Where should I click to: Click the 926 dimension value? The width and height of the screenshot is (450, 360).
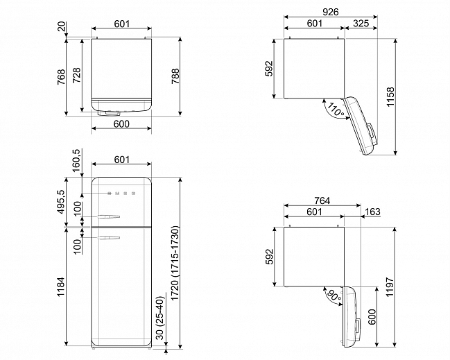click(x=330, y=12)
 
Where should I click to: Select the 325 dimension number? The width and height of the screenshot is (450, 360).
click(x=361, y=24)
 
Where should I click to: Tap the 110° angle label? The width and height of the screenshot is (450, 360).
click(x=335, y=110)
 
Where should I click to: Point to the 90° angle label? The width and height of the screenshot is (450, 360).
click(x=334, y=296)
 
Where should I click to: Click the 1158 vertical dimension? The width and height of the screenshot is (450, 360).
click(x=390, y=96)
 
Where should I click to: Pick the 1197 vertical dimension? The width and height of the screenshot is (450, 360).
click(x=390, y=286)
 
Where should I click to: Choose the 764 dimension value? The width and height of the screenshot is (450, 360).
click(x=322, y=200)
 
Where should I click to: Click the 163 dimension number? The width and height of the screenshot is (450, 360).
click(x=372, y=212)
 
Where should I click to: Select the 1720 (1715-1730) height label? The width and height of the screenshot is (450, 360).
click(x=175, y=264)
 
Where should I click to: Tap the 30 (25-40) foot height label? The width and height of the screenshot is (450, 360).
click(x=159, y=318)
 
